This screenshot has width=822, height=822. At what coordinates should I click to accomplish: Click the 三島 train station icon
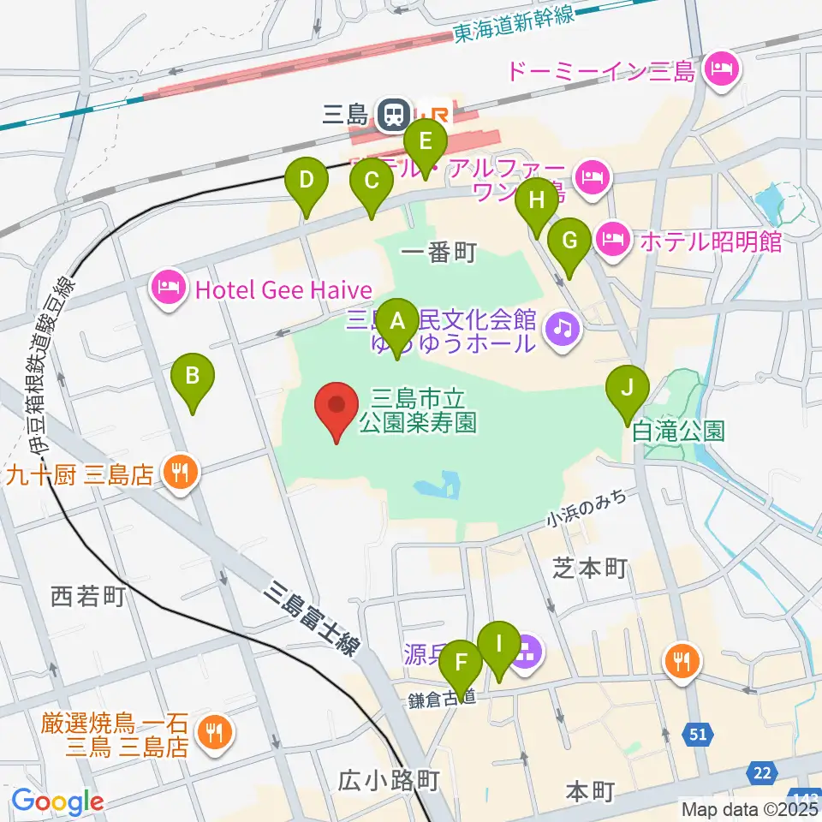click(x=394, y=114)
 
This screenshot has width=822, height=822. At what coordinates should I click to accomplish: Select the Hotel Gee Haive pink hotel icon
click(x=168, y=289)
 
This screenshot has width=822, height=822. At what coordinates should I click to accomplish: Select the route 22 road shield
click(x=761, y=773)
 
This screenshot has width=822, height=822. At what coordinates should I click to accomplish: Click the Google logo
click(x=57, y=801)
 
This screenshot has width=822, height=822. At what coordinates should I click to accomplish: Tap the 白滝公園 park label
click(x=678, y=430)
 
